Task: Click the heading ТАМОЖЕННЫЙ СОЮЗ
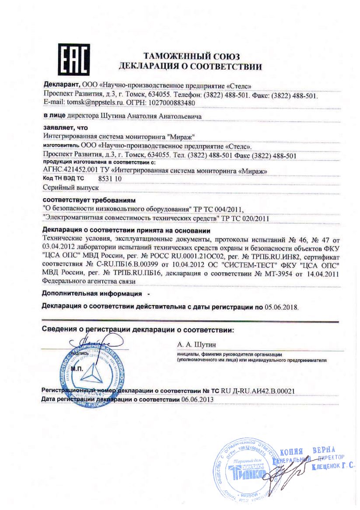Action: click(x=191, y=56)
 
